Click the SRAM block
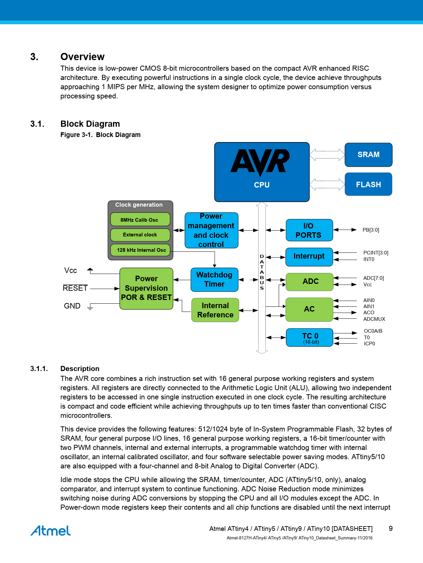[x=368, y=155]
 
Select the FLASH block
[x=368, y=184]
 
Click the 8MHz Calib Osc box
[x=140, y=220]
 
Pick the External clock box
[x=140, y=235]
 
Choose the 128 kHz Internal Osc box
[x=140, y=250]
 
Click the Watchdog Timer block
[x=214, y=279]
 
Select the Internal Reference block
[x=215, y=310]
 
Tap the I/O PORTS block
[x=309, y=230]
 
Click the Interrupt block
[x=309, y=257]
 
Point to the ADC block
[x=309, y=281]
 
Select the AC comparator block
[x=309, y=309]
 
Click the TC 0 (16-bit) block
[x=309, y=338]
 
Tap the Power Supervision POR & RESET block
[x=146, y=288]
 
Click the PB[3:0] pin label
[x=371, y=230]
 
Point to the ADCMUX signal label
[x=374, y=319]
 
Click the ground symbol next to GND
[x=90, y=307]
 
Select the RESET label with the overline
[x=75, y=288]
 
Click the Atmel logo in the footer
[x=50, y=531]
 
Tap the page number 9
[x=391, y=528]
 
